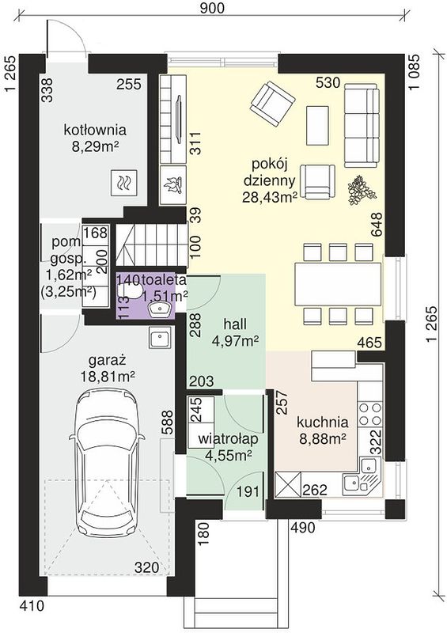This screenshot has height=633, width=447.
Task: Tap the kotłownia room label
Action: coord(95,130)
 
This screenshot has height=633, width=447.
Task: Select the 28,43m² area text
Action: coord(270,196)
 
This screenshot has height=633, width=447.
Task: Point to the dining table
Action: coord(338,284)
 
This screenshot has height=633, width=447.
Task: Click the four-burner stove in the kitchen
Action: coord(370,413)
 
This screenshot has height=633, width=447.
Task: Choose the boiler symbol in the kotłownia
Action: coord(123,184)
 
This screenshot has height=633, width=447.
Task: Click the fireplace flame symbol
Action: coord(173,185)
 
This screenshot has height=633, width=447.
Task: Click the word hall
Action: coord(235,324)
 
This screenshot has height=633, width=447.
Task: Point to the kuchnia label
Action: coord(322,423)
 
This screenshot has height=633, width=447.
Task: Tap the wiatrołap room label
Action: coord(228,439)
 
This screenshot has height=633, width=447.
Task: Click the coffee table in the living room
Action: coord(317,123)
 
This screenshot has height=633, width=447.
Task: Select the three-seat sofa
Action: coord(362,127)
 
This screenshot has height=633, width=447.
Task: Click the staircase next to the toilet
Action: coord(152,244)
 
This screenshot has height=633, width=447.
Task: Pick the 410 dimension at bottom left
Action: coord(32,606)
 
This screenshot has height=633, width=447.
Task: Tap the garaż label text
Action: coord(108,360)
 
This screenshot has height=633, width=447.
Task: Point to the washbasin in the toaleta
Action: coord(161,309)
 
